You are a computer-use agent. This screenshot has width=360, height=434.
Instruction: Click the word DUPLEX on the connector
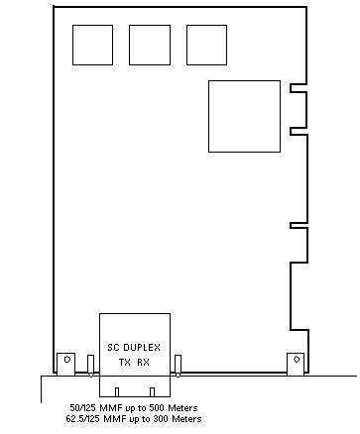[x=142, y=348]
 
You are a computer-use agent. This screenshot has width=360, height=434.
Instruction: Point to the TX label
[x=125, y=363]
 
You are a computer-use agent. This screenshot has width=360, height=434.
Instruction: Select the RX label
[x=144, y=363]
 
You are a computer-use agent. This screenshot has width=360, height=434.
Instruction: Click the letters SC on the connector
[x=114, y=348]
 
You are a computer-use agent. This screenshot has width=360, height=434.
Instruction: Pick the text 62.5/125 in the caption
[x=83, y=419]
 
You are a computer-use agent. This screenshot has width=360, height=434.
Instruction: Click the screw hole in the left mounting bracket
[x=67, y=359]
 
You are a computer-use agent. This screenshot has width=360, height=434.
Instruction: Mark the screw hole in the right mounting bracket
[x=297, y=359]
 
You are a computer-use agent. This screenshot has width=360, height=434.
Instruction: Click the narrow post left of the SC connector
[x=90, y=366]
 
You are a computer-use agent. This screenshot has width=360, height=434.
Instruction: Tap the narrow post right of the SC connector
[x=178, y=366]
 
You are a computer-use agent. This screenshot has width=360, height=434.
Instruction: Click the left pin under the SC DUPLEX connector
[x=117, y=392]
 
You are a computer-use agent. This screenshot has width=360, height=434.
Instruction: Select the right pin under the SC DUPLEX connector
[x=152, y=392]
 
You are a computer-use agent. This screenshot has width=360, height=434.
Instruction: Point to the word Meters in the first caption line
[x=182, y=408]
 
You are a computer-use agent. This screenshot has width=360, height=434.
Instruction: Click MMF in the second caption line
[x=113, y=419]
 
